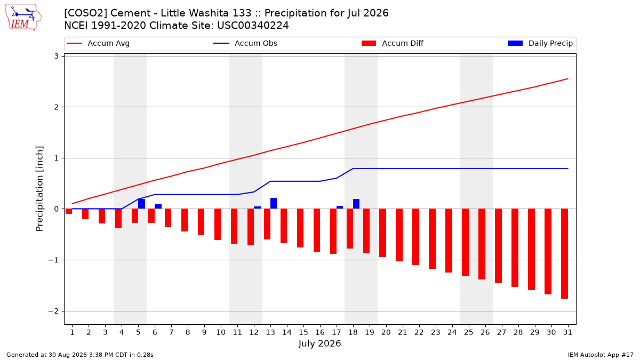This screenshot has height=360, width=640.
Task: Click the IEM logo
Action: [x=23, y=18]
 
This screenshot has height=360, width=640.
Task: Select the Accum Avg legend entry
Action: [x=98, y=43]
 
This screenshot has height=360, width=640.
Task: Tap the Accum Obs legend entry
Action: [x=245, y=43]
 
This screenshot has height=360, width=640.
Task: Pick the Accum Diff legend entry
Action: [x=393, y=43]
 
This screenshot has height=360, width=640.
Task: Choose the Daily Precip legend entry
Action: [x=540, y=43]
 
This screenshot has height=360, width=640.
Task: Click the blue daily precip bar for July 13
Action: [x=274, y=203]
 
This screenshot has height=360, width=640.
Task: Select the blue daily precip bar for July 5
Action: [x=141, y=204]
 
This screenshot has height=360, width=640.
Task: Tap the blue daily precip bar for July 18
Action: [x=356, y=204]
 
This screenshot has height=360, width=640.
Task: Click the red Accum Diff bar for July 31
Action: [x=564, y=254]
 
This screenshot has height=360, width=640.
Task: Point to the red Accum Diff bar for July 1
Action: [x=69, y=211]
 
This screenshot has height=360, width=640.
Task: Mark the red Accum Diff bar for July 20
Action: [x=382, y=233]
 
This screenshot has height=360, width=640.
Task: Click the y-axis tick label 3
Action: [x=57, y=57]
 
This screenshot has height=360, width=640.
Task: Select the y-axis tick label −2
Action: [x=53, y=311]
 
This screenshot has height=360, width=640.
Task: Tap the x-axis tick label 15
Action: [x=303, y=332]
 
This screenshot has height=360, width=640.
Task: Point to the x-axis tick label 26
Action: [x=485, y=332]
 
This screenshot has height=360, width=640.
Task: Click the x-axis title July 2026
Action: [x=319, y=343]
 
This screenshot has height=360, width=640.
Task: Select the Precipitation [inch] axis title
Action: [x=39, y=189]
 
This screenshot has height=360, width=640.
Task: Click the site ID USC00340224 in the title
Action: [x=253, y=26]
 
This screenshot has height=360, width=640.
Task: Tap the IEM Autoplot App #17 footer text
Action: [x=601, y=355]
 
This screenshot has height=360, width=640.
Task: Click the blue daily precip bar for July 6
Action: [x=158, y=206]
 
